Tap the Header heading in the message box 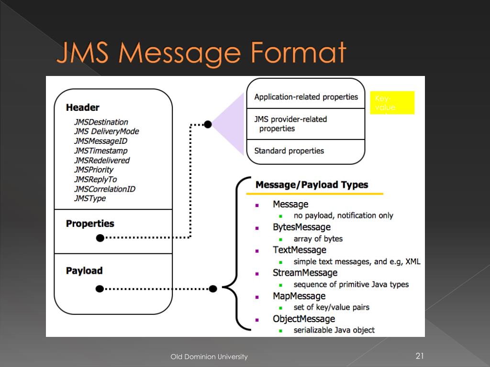click(x=83, y=108)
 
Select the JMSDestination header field click(x=101, y=122)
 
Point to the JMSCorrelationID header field click(x=104, y=189)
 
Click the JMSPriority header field click(x=94, y=170)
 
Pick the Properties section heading click(x=90, y=224)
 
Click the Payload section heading click(x=84, y=270)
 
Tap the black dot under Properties click(x=100, y=237)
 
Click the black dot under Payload click(x=100, y=289)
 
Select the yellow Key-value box click(x=392, y=103)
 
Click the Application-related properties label click(x=306, y=97)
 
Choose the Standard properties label click(x=289, y=151)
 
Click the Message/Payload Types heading click(x=312, y=185)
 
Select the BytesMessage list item click(x=301, y=227)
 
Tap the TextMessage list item click(x=299, y=250)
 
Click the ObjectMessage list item click(x=303, y=319)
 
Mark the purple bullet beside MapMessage click(x=257, y=297)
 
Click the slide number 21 click(x=420, y=356)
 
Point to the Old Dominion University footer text click(x=209, y=356)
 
